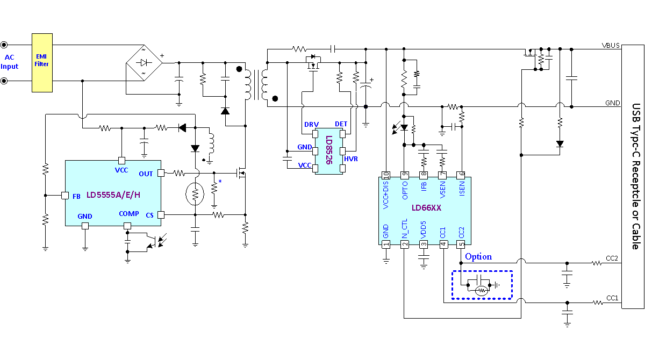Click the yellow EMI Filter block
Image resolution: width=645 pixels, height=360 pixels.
point(42,63)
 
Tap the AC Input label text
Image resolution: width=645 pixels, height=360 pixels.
point(9,62)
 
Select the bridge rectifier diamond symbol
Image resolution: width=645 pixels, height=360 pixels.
point(144,63)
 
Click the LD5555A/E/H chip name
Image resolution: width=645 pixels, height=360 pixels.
point(113,195)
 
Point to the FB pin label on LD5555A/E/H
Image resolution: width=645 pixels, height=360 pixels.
point(76,197)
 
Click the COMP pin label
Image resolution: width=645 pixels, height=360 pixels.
point(128,214)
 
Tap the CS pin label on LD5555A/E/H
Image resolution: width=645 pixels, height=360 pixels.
point(149,215)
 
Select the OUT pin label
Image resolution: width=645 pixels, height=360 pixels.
point(146,174)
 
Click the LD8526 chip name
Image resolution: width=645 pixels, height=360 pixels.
point(329,150)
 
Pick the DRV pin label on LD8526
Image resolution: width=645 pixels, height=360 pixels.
point(312,125)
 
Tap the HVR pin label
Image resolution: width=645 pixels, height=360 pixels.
point(350,159)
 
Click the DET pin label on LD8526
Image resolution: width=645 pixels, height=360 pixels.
point(341,124)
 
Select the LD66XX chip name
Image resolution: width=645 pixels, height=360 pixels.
point(426,208)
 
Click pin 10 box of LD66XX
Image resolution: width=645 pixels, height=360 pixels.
point(386,175)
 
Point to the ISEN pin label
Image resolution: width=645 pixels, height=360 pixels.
point(462,189)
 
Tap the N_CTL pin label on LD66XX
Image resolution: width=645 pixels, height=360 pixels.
point(405,228)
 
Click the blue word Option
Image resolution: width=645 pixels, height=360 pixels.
point(478,257)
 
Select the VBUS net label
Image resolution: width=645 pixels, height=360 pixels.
point(611,46)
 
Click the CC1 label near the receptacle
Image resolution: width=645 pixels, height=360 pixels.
point(612,298)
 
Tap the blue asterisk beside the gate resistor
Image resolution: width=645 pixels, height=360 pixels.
point(220,181)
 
